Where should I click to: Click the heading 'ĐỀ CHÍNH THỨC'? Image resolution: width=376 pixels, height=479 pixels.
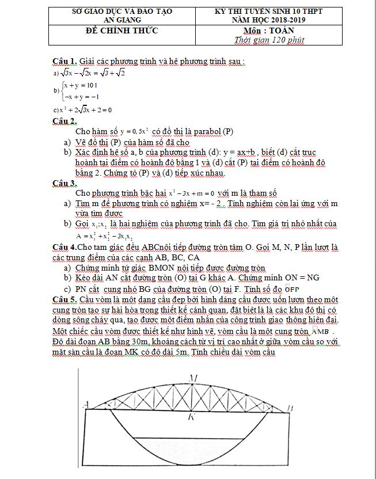121,30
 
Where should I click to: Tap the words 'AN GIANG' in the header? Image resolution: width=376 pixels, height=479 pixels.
121,19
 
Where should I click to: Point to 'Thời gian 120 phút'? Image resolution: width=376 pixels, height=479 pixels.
269,40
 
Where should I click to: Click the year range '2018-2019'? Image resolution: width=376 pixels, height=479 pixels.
291,19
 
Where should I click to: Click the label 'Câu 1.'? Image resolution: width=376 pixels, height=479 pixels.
64,61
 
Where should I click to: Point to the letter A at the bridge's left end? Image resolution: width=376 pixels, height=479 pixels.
86,403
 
